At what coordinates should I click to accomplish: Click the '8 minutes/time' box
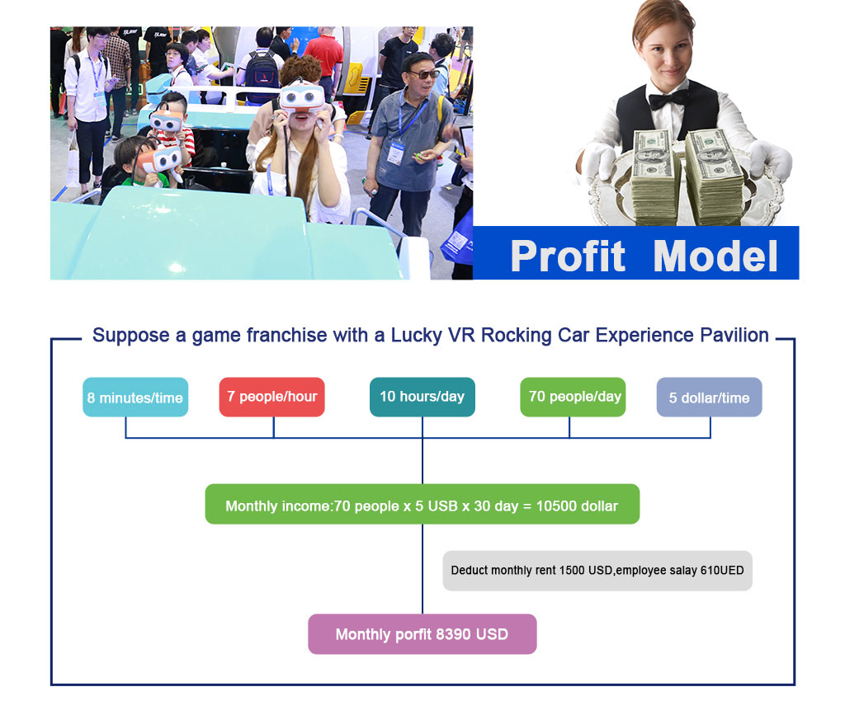tap(135, 397)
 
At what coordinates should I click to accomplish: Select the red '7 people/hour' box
tap(272, 397)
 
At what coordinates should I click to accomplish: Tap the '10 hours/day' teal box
tap(422, 397)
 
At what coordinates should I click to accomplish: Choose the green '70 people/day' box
tap(573, 397)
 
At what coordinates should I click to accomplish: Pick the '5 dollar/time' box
tap(709, 397)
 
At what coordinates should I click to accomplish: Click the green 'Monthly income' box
tap(422, 504)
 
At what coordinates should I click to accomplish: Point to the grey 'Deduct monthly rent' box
tap(597, 571)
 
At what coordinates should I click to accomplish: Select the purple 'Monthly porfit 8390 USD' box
tap(422, 634)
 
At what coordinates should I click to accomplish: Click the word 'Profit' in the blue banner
tap(568, 256)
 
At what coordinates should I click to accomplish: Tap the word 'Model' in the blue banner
tap(715, 256)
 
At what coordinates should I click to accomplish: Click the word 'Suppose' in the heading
tap(131, 336)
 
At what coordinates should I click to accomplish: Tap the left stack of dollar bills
tap(654, 177)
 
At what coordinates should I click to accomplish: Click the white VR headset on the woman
tap(302, 97)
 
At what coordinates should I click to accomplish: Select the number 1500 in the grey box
tap(572, 570)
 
